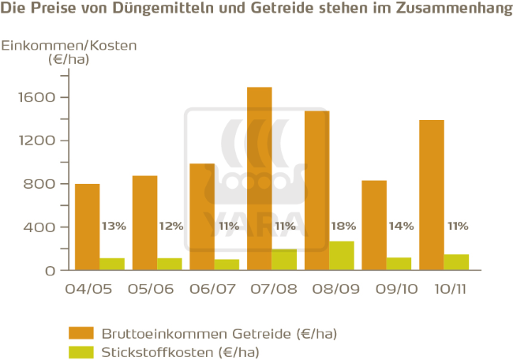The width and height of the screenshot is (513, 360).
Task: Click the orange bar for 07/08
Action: (259, 178)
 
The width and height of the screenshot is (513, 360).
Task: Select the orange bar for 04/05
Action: (87, 227)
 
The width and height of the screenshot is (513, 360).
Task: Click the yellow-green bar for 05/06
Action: (169, 264)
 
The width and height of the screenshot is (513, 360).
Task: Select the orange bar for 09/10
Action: (374, 225)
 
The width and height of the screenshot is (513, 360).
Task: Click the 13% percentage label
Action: (114, 226)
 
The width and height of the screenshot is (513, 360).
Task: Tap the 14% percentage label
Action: (400, 226)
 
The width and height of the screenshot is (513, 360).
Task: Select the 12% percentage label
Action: (170, 226)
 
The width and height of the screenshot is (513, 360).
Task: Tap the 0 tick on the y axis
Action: (49, 270)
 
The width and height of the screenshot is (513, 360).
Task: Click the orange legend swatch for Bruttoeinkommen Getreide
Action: (81, 332)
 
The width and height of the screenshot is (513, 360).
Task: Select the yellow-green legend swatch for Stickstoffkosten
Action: (81, 351)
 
